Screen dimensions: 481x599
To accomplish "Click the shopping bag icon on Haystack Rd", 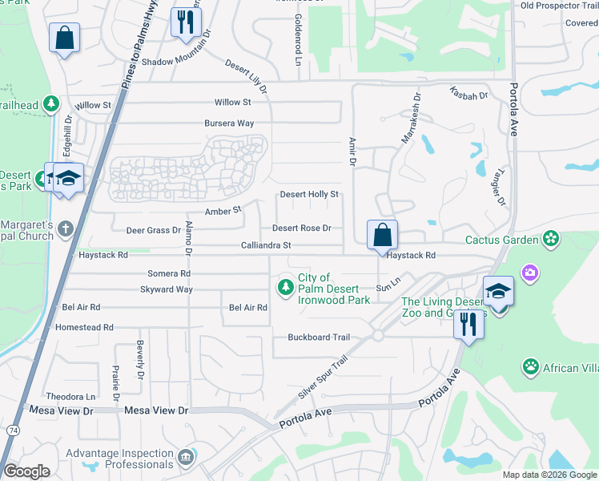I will [x=383, y=236].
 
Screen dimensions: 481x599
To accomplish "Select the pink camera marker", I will [x=529, y=274].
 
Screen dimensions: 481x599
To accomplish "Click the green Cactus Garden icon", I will [x=550, y=238].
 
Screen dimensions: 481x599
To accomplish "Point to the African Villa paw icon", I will [x=530, y=367].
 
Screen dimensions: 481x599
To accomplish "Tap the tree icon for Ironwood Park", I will [x=284, y=286].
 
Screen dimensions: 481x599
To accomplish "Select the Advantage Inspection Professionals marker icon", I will [x=186, y=457].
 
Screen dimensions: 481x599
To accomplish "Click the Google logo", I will [x=26, y=471].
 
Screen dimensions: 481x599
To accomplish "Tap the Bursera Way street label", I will [x=229, y=123].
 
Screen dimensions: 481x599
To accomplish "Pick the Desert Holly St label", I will [x=309, y=195].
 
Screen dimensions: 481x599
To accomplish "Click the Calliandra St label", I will [x=265, y=245].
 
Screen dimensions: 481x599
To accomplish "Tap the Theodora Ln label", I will [x=70, y=397].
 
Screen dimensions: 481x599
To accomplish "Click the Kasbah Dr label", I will [x=468, y=93].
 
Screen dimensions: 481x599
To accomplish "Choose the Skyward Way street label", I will [x=167, y=289].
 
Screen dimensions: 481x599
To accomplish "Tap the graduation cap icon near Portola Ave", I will [x=497, y=291].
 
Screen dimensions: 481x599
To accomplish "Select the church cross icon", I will [x=66, y=230].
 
